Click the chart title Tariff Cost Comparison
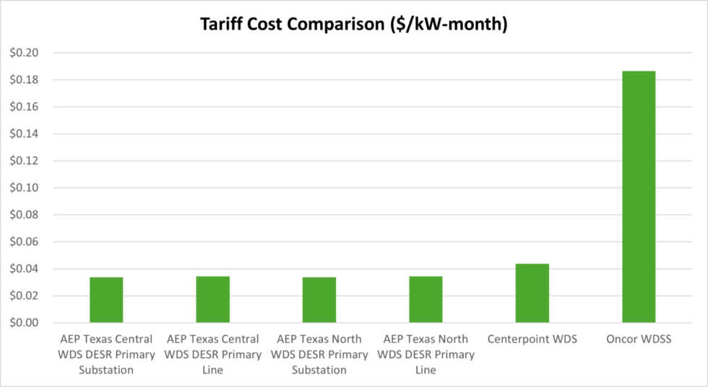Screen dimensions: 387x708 pyautogui.click(x=353, y=24)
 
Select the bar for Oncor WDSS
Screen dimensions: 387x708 pyautogui.click(x=639, y=196)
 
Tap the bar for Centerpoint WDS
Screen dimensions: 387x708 pyautogui.click(x=532, y=293)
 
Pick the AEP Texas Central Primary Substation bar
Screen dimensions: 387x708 pyautogui.click(x=106, y=300)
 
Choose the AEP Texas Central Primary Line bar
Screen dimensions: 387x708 pyautogui.click(x=212, y=300)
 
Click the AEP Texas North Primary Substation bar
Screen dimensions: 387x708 pyautogui.click(x=319, y=300)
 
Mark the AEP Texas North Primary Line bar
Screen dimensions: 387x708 pyautogui.click(x=426, y=300)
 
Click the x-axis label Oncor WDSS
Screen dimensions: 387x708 pyautogui.click(x=639, y=339)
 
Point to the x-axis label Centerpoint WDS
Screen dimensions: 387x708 pyautogui.click(x=532, y=339)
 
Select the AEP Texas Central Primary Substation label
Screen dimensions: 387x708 pyautogui.click(x=106, y=355)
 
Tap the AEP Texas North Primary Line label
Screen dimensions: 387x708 pyautogui.click(x=426, y=355)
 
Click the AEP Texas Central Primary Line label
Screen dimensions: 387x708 pyautogui.click(x=212, y=355)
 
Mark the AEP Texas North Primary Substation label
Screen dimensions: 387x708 pyautogui.click(x=319, y=355)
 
